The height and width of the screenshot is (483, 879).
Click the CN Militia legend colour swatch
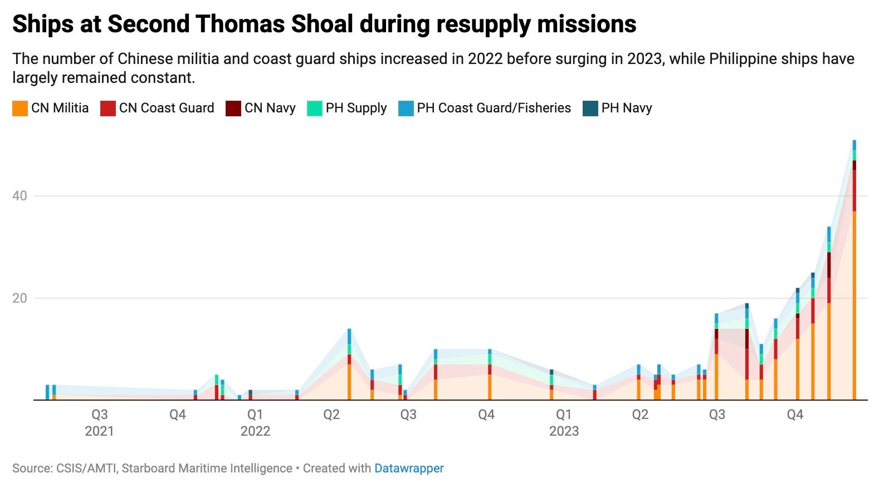(x=20, y=109)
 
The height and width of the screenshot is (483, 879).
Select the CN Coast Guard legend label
(x=166, y=108)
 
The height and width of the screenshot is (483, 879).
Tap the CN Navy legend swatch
(x=233, y=109)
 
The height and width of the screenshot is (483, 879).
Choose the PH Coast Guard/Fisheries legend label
(x=494, y=108)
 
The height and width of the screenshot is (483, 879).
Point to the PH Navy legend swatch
(x=590, y=109)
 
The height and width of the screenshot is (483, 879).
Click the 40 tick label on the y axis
(x=19, y=196)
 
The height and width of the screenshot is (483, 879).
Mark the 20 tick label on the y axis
(x=19, y=298)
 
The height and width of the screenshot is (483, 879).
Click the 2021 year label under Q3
(x=99, y=431)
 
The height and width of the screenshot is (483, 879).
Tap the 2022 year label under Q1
(x=255, y=431)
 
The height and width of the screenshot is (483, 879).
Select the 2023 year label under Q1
(x=564, y=431)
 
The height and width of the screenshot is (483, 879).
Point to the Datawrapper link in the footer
(x=409, y=469)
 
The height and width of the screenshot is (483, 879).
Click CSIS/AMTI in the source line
(x=86, y=469)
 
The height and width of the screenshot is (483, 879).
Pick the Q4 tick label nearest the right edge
(x=795, y=415)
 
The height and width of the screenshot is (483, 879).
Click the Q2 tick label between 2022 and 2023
(x=331, y=415)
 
